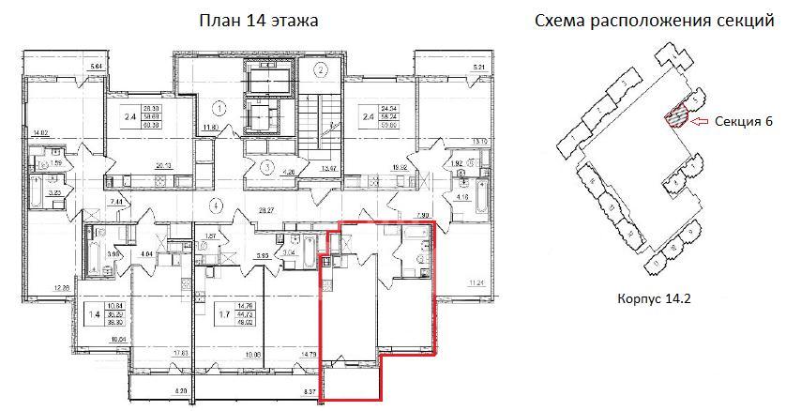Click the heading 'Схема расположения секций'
[653, 21]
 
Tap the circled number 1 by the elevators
[218, 106]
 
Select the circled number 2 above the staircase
[321, 69]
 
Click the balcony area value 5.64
[94, 66]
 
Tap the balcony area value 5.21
[480, 67]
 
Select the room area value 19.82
[400, 168]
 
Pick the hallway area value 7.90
[419, 215]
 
